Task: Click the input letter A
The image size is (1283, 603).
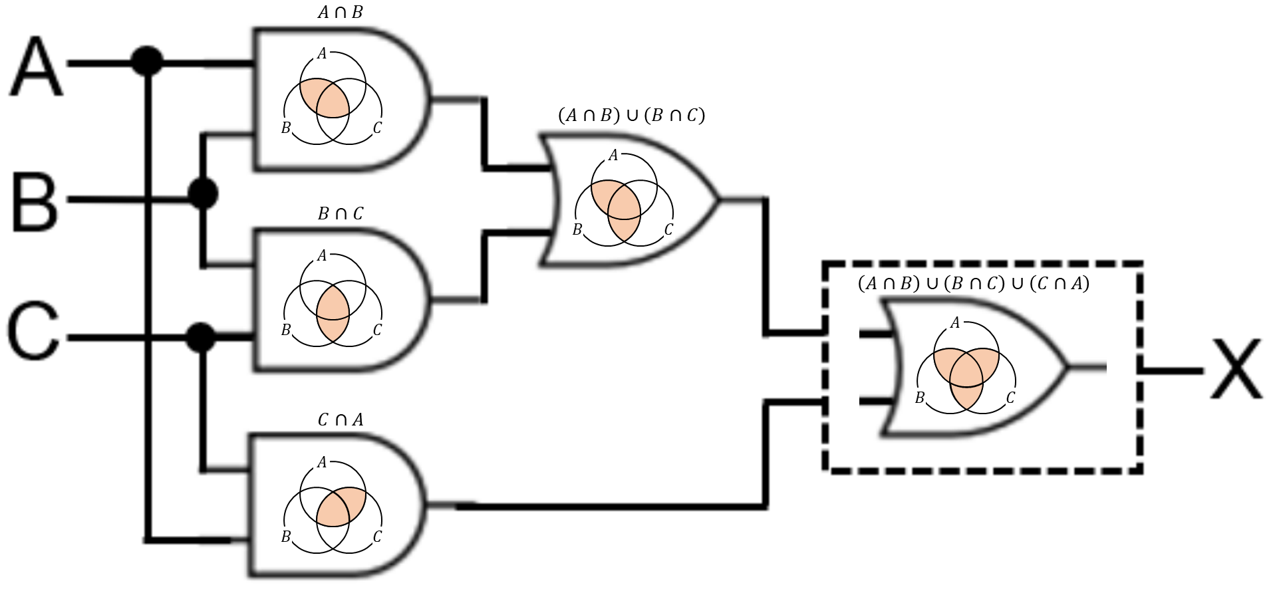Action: click(x=37, y=67)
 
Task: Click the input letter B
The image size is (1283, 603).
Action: click(x=35, y=200)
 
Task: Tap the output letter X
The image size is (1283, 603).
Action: click(x=1236, y=369)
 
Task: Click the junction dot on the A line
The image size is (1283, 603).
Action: click(x=146, y=62)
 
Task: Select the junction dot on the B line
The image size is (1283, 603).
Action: click(x=203, y=194)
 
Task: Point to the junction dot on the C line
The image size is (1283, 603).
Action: click(x=201, y=338)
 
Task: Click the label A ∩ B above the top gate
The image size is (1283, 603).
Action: click(x=340, y=13)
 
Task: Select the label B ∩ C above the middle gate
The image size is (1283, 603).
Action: click(x=340, y=213)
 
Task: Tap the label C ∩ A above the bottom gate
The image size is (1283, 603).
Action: click(x=340, y=420)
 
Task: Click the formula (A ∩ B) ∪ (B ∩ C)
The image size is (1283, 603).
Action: click(x=631, y=116)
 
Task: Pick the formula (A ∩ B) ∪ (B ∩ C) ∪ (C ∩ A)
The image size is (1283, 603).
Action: click(x=973, y=284)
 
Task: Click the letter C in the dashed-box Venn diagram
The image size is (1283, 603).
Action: click(x=1010, y=398)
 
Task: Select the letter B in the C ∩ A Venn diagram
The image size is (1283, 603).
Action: click(x=286, y=537)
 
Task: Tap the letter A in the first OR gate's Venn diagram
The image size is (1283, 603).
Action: click(x=613, y=156)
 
